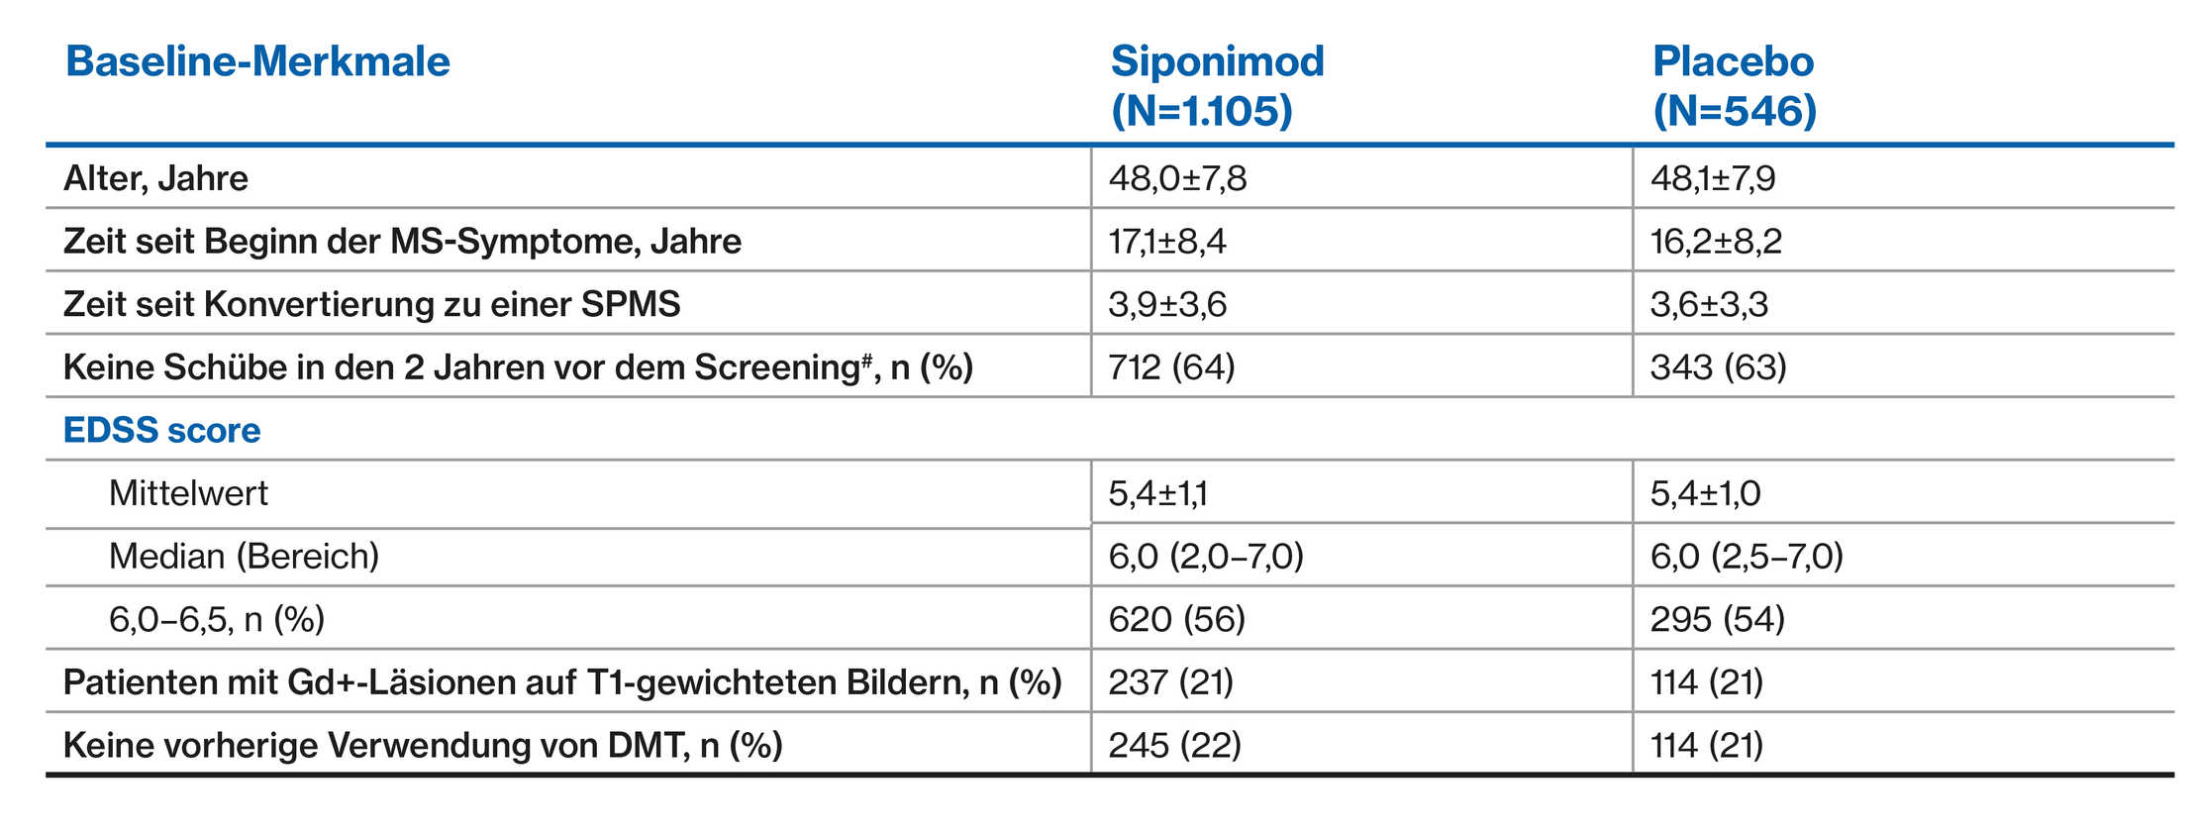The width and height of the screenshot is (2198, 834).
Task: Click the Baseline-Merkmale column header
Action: click(257, 61)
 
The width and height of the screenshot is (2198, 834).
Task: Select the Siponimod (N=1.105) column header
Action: click(1217, 85)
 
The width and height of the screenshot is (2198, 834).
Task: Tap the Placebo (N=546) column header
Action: click(1734, 85)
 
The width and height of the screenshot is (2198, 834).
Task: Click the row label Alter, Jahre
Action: click(155, 178)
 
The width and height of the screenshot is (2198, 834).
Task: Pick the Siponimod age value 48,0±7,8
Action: click(1177, 178)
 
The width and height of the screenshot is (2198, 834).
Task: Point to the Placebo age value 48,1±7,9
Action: click(1712, 178)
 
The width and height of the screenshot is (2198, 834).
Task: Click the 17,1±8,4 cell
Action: click(1166, 241)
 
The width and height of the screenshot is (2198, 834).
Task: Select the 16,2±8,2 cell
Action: click(1715, 241)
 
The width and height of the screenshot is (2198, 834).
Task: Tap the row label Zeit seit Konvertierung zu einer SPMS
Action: click(371, 304)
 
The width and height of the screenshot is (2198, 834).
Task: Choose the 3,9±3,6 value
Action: click(1166, 304)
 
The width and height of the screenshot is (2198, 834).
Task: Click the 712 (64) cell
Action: click(1171, 367)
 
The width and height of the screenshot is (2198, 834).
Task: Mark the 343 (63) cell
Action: click(1718, 367)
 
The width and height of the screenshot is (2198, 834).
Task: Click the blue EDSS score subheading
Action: click(161, 430)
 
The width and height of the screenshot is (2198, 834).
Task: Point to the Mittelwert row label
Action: click(188, 493)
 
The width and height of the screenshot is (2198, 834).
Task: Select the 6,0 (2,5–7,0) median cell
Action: click(1746, 557)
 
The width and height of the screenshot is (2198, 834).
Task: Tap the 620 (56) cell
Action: click(1176, 619)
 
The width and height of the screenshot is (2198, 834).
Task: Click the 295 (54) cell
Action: click(1717, 619)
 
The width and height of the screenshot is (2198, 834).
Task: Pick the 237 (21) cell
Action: click(1170, 682)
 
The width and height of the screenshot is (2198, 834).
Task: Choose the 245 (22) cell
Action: click(1174, 745)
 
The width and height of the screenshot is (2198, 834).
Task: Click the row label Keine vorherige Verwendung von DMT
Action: click(422, 745)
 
